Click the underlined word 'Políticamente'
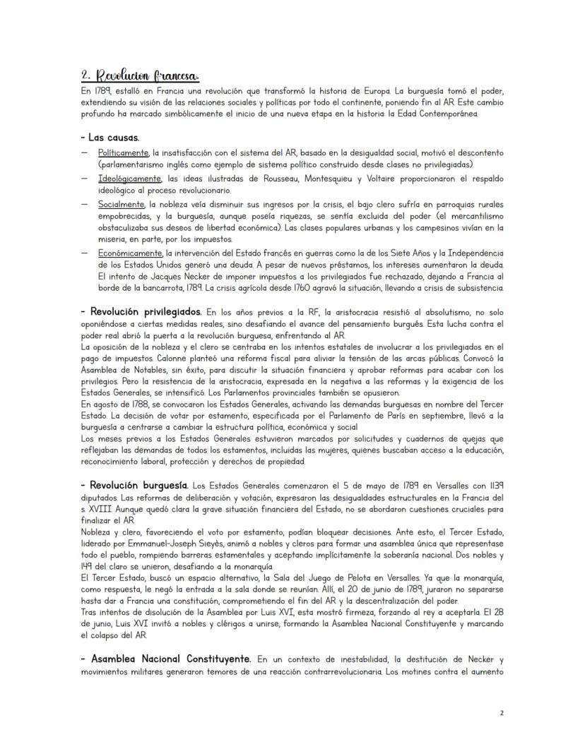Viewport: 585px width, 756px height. click(x=123, y=152)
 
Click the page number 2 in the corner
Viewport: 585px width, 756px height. click(x=501, y=713)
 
